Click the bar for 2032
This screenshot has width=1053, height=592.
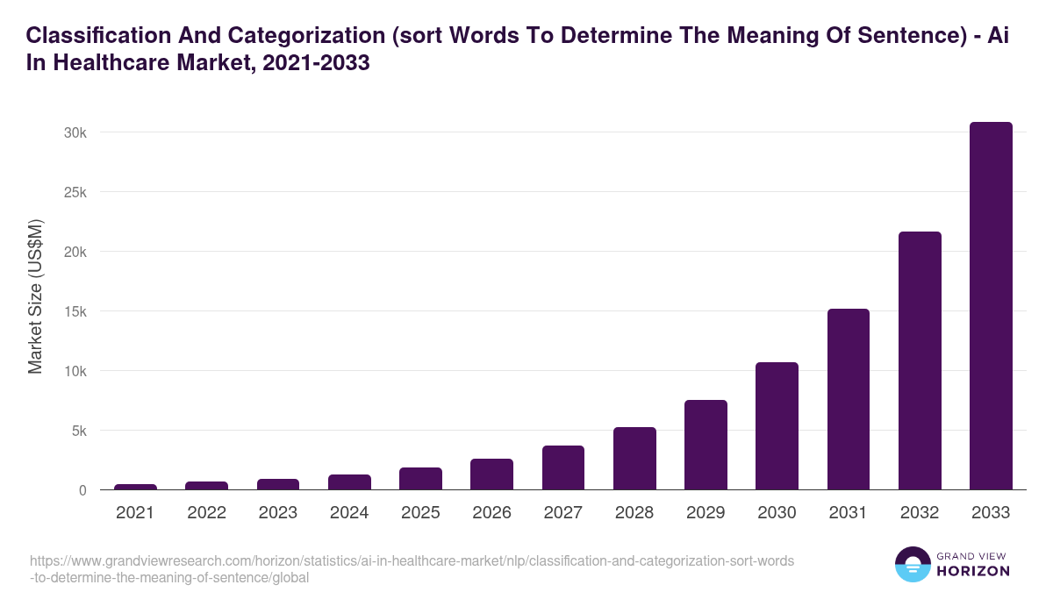(920, 360)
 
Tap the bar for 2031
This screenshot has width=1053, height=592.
(848, 399)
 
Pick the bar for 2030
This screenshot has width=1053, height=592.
(777, 425)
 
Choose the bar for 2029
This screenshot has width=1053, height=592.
(706, 445)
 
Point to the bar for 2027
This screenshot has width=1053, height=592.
(562, 467)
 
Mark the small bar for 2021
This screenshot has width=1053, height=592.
(135, 487)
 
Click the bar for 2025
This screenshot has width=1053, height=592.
(420, 479)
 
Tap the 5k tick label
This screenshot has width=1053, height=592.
(77, 431)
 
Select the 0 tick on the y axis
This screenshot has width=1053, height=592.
(82, 490)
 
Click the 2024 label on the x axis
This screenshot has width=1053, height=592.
(349, 513)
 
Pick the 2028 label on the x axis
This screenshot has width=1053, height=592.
(634, 513)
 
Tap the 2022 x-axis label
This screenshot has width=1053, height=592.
(206, 513)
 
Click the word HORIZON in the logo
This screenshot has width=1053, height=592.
(972, 571)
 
